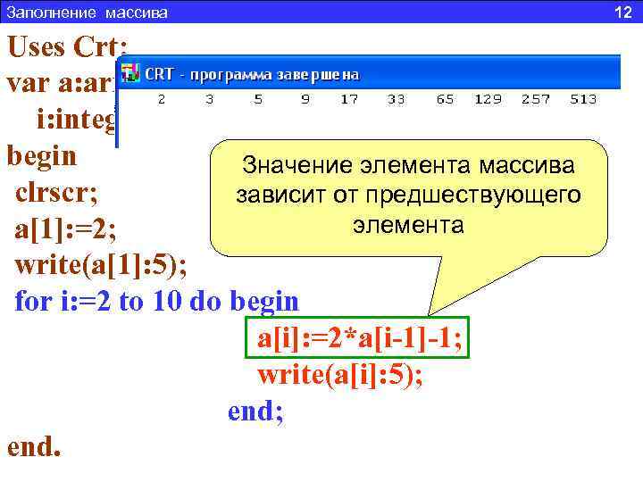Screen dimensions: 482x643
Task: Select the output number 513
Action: (x=585, y=100)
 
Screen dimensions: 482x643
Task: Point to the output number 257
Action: (x=536, y=100)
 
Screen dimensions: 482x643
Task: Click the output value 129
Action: (x=488, y=100)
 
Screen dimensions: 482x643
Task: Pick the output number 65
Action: (x=445, y=100)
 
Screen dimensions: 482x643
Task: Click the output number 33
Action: (x=397, y=100)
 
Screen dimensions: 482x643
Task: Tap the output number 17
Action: (x=349, y=100)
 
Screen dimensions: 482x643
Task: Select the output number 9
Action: (x=305, y=100)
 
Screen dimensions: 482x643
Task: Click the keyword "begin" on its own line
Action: (x=41, y=157)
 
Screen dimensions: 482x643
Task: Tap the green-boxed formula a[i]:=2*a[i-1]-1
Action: (x=359, y=340)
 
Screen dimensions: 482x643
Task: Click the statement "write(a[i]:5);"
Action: (x=340, y=376)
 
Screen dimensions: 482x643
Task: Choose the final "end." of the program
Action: (x=34, y=446)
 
